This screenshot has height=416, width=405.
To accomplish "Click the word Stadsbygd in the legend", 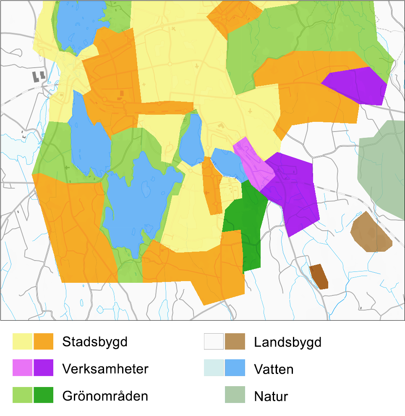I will [x=94, y=342].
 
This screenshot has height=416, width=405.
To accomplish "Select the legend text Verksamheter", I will [x=105, y=369].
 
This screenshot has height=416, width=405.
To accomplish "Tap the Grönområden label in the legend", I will [x=105, y=396].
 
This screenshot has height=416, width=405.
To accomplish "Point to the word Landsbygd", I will [x=287, y=342].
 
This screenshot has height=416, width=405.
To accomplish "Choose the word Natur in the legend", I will [x=271, y=396].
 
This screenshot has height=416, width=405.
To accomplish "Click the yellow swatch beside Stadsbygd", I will [x=22, y=342].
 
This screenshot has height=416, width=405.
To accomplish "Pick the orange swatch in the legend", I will [x=44, y=342].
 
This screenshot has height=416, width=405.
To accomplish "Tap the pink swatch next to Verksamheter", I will [x=22, y=368].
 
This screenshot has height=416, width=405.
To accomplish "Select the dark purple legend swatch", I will [x=44, y=368].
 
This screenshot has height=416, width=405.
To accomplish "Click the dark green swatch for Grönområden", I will [x=44, y=395].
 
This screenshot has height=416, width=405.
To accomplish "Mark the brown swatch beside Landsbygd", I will [x=235, y=342].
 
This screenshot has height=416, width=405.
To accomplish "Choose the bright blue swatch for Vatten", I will [x=235, y=368].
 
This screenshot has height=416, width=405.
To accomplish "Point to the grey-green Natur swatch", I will [x=235, y=395].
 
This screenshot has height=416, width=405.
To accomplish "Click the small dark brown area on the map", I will [x=319, y=277].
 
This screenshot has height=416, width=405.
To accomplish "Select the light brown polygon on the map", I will [x=371, y=233].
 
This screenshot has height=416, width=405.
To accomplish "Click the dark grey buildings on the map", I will [x=39, y=76].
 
